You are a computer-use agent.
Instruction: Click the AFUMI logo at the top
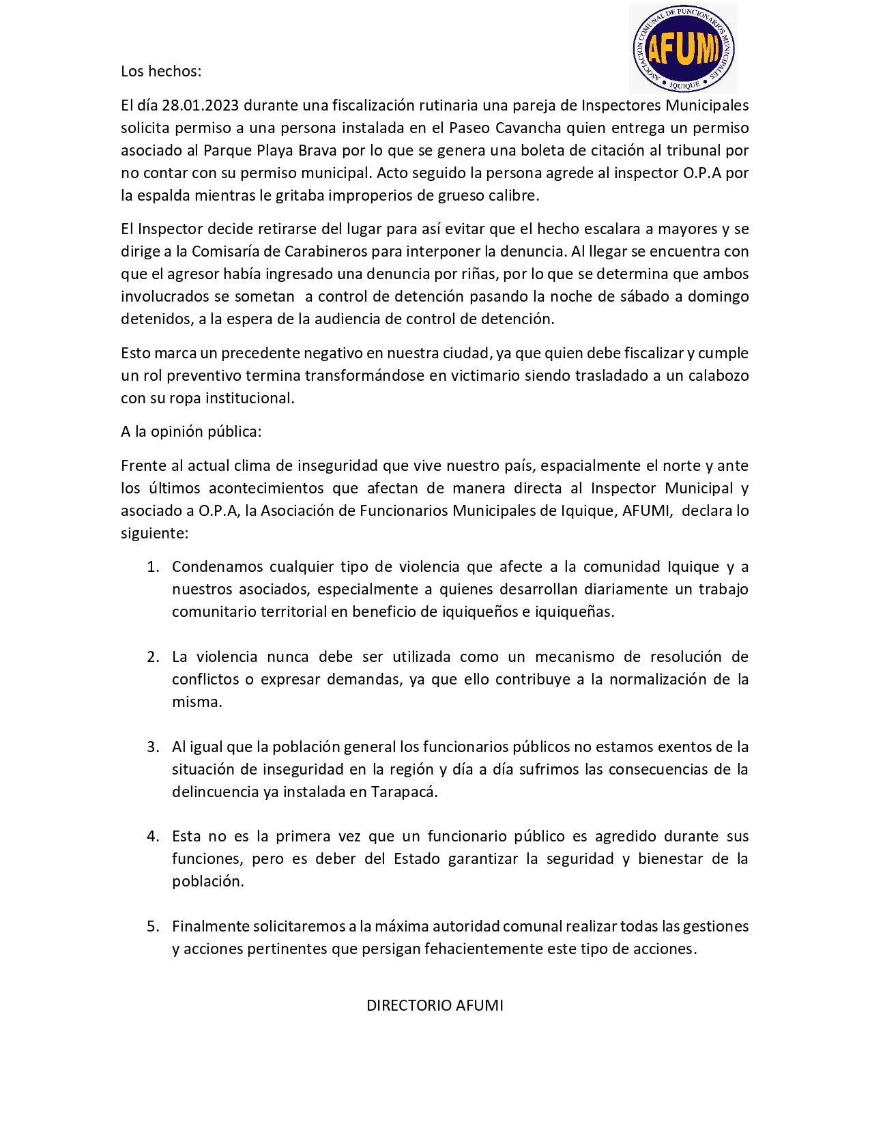[x=683, y=48]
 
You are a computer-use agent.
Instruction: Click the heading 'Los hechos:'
[x=161, y=72]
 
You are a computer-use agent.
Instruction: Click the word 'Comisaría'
[x=227, y=251]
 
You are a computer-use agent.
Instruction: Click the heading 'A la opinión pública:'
[x=191, y=431]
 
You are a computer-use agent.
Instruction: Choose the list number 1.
[x=154, y=567]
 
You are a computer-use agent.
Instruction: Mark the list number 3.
[x=154, y=747]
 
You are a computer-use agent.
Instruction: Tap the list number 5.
[x=154, y=927]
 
